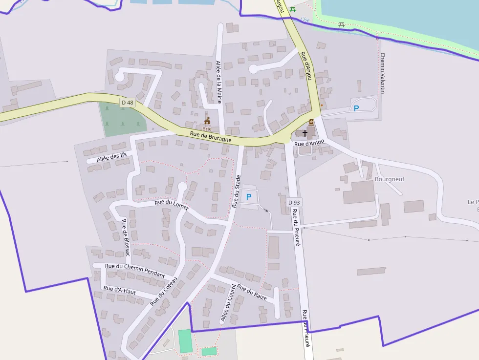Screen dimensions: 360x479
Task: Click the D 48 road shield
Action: coord(127,102)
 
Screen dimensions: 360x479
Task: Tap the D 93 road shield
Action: coord(294,202)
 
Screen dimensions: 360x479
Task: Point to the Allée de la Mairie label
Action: coord(218,82)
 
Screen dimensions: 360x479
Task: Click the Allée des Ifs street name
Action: coord(111,157)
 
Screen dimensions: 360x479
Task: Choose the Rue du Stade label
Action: coord(237,191)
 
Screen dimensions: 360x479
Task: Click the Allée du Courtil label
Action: coord(228,303)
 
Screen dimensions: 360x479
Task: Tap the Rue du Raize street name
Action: coord(252,292)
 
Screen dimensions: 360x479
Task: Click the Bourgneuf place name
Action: coord(390,179)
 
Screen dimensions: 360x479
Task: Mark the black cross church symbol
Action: coord(305,132)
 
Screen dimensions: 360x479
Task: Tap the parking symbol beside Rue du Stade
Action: coord(248,197)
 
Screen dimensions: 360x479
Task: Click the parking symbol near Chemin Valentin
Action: coord(356,108)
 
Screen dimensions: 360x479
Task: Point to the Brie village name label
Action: coord(207,129)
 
